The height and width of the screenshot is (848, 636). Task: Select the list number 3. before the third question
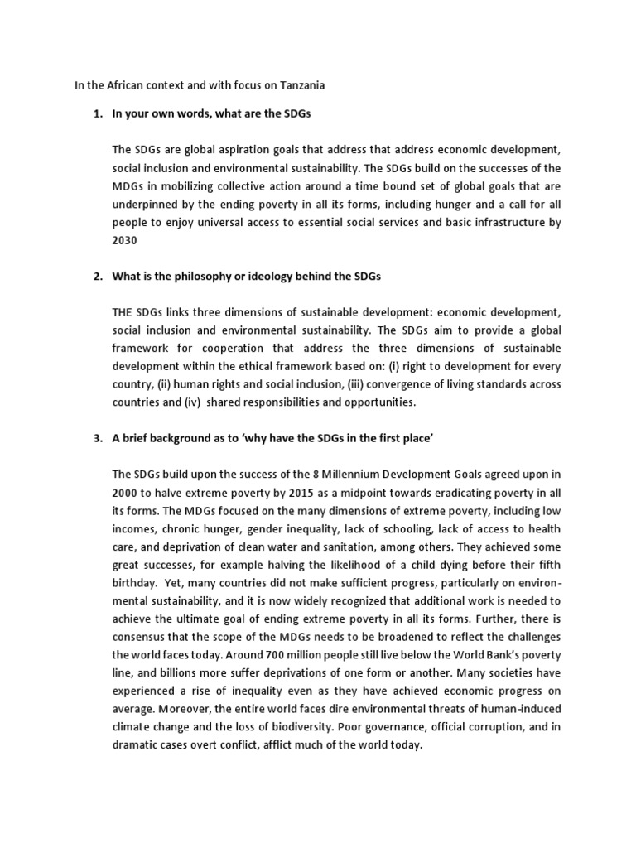point(98,438)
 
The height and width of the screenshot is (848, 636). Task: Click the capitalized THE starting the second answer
point(124,312)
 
